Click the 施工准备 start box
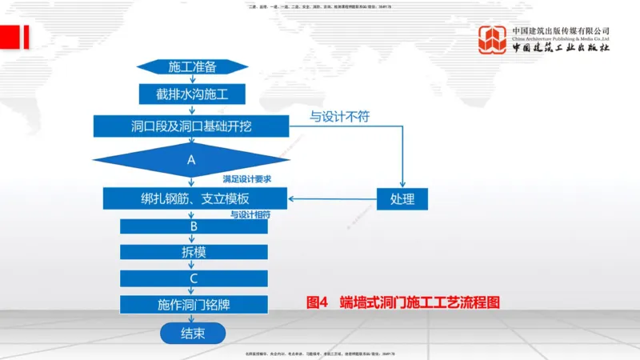(192, 66)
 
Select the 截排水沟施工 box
(192, 94)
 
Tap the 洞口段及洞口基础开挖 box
(192, 126)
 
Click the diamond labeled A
(191, 159)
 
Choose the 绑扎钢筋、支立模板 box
(194, 198)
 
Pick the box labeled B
(194, 226)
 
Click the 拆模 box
(194, 252)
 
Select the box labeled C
(194, 278)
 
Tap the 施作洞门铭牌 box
(194, 305)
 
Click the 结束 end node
(193, 333)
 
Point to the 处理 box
(402, 198)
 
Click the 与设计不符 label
(340, 117)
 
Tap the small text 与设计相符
(250, 215)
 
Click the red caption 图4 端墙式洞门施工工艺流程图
(403, 303)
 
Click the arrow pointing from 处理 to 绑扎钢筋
(332, 199)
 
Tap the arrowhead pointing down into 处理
(402, 183)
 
